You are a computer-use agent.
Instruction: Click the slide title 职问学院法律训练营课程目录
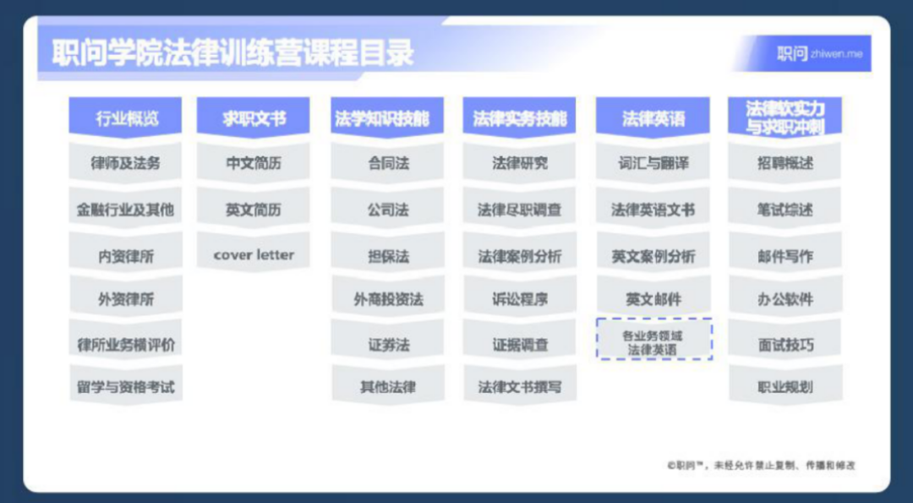tap(233, 52)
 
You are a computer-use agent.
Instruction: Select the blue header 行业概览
tap(125, 118)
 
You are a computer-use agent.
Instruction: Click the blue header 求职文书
tap(254, 118)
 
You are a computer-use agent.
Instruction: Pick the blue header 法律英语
tap(653, 118)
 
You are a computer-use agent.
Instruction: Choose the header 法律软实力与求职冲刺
tap(785, 118)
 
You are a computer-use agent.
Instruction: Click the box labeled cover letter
tap(254, 255)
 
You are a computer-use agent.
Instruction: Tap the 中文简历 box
tap(254, 164)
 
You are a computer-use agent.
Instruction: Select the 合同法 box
tap(387, 164)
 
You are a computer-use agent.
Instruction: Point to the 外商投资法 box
tap(388, 299)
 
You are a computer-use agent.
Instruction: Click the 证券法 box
tap(388, 345)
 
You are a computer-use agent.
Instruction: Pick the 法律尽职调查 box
tap(519, 210)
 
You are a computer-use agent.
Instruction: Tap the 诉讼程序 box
tap(520, 299)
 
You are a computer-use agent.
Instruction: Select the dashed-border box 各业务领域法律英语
tap(653, 339)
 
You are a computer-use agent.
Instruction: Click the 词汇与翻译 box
tap(653, 164)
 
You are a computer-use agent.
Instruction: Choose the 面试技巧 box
tap(785, 345)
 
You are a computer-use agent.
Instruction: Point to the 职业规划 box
tap(785, 387)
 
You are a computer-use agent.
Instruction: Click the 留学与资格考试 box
tap(126, 387)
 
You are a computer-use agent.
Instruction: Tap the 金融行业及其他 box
tap(125, 210)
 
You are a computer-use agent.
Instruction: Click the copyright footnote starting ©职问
tap(762, 465)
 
